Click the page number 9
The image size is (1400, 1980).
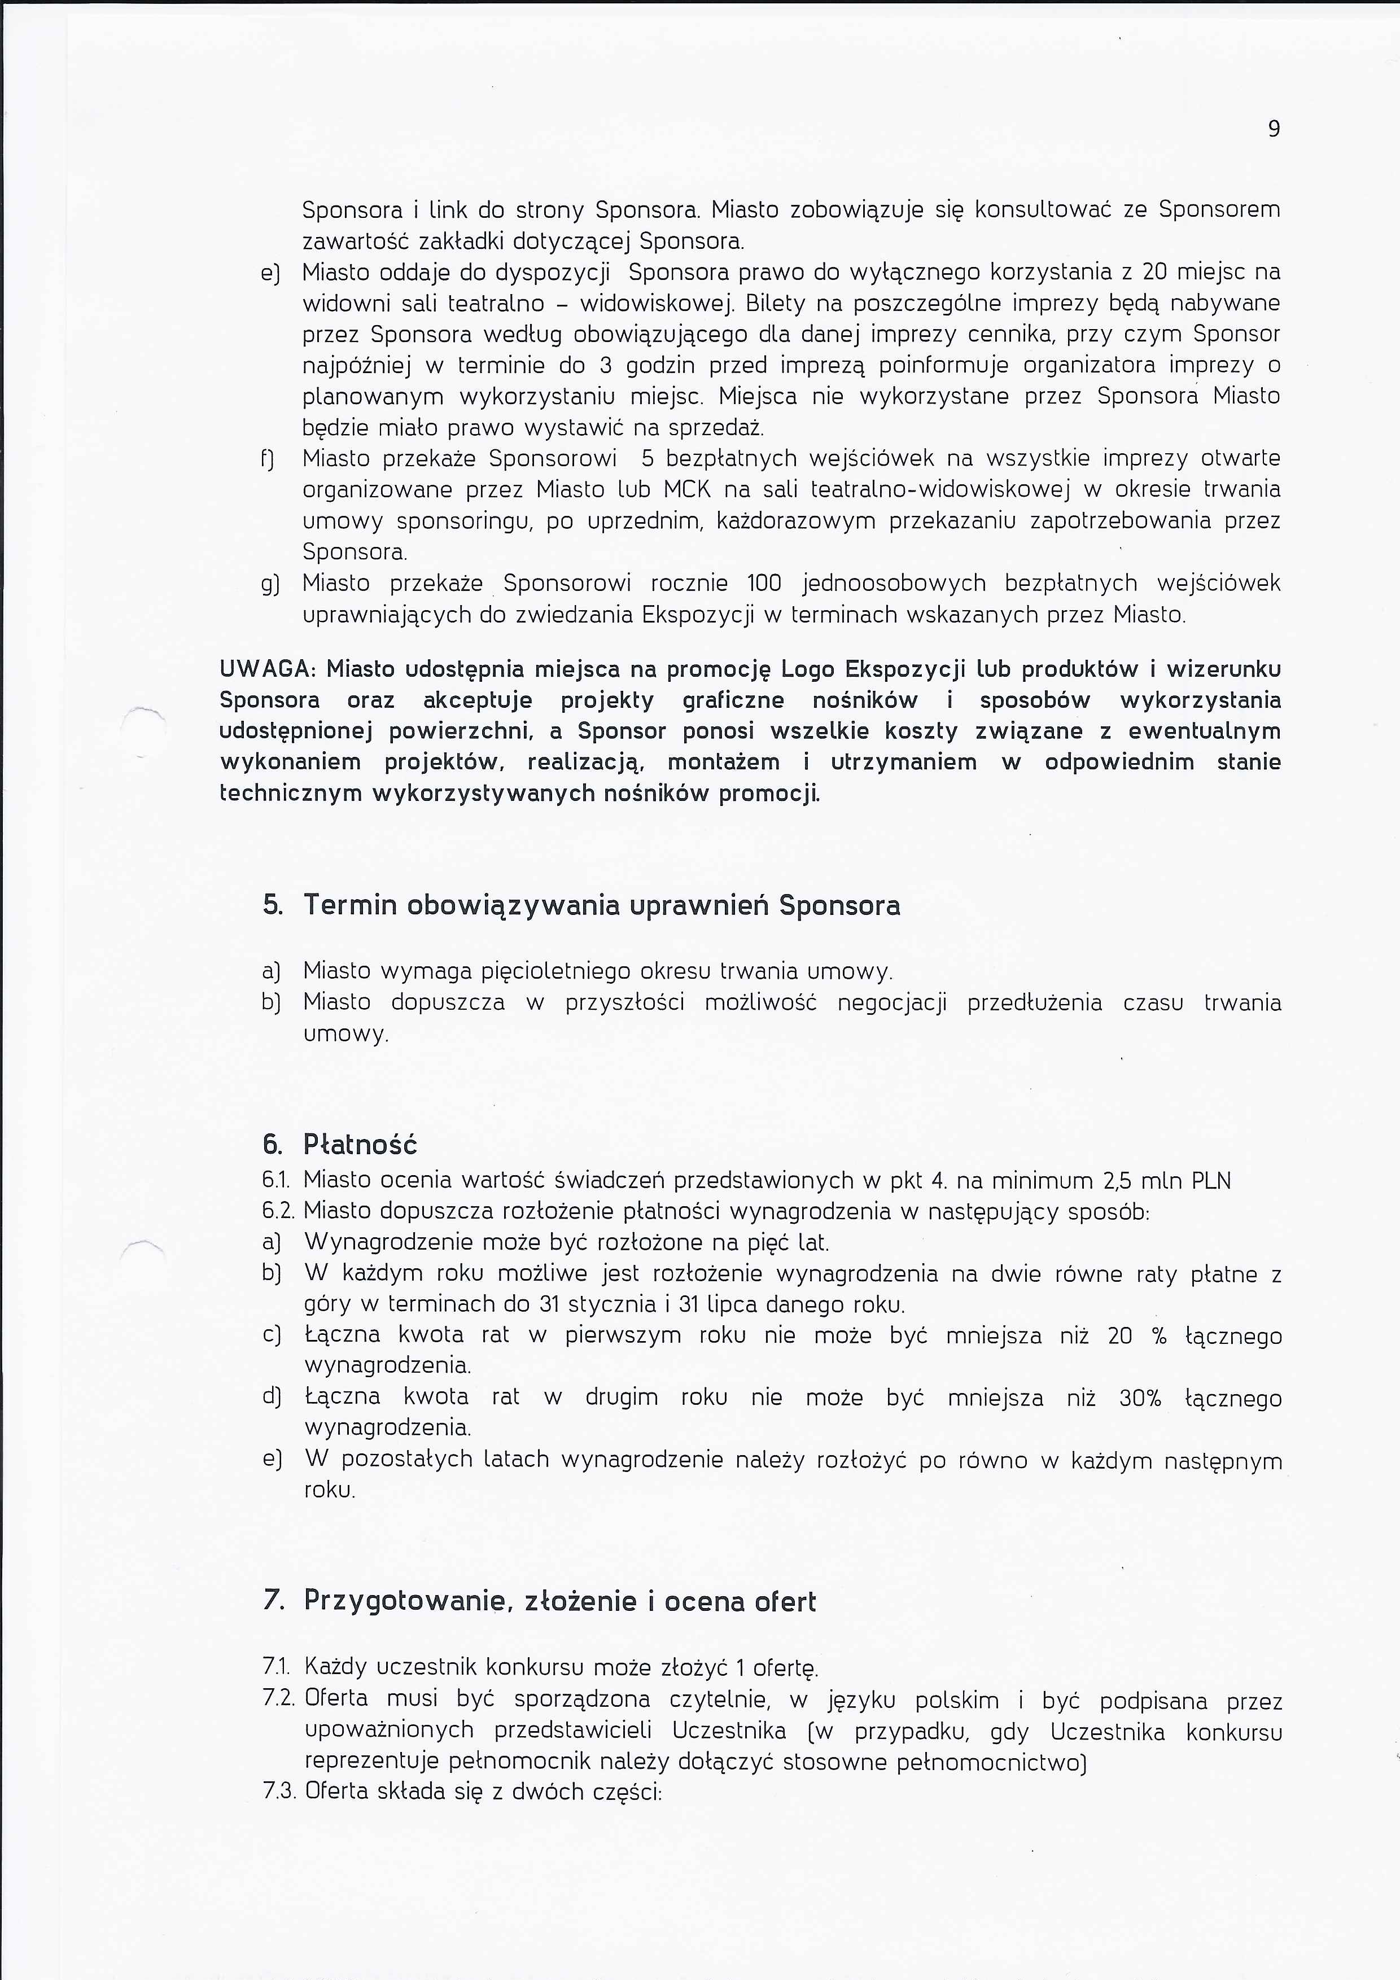1273,129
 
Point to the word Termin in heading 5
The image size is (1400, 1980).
350,905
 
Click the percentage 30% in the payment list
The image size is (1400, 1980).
1140,1398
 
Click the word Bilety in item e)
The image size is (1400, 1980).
774,304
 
